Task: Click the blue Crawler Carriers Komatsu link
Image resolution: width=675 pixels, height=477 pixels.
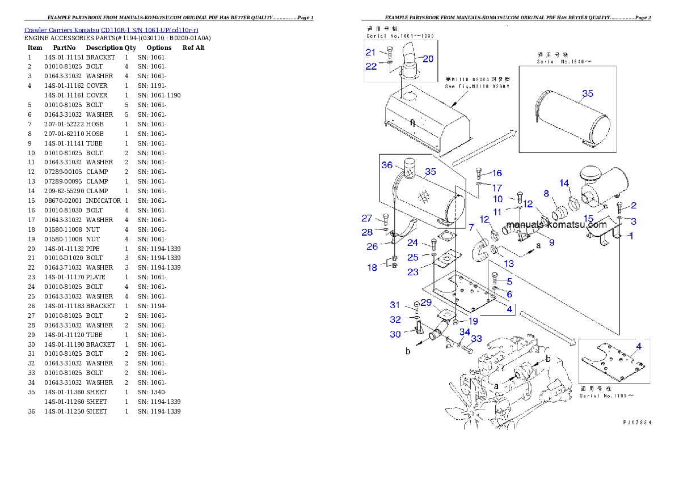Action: (x=111, y=30)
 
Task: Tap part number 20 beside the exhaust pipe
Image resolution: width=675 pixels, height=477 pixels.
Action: (x=428, y=58)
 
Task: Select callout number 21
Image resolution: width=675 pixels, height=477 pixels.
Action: (x=370, y=52)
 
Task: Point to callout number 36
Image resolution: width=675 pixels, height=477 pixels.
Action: (x=387, y=165)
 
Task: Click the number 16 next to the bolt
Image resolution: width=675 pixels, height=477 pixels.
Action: (x=497, y=173)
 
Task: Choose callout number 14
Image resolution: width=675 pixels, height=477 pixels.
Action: (x=564, y=183)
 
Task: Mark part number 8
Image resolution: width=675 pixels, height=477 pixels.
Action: (x=546, y=194)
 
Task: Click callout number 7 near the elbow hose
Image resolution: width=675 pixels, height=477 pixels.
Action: (x=471, y=227)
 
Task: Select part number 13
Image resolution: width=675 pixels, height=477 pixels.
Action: (x=509, y=263)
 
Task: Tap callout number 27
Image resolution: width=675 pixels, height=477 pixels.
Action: (x=368, y=219)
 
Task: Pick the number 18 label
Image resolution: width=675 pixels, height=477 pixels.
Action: (x=372, y=267)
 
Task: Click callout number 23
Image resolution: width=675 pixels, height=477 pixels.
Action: (x=413, y=272)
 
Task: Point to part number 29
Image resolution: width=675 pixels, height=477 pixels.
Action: (x=426, y=303)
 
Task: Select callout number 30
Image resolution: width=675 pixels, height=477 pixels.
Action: (x=395, y=334)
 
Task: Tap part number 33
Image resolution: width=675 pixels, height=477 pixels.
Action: (x=476, y=339)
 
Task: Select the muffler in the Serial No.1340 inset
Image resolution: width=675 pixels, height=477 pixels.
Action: (x=573, y=119)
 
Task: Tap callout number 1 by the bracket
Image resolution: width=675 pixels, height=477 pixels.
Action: (x=630, y=236)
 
